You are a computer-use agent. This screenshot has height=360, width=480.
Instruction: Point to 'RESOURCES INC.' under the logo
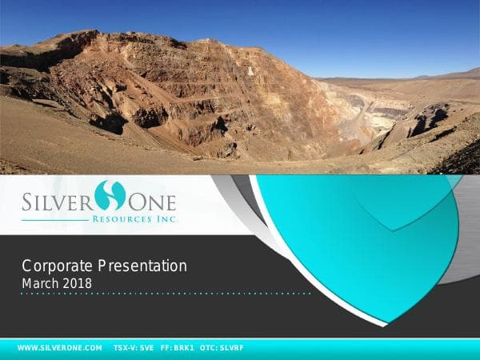click(x=135, y=218)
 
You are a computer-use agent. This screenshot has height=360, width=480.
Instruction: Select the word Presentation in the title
click(x=143, y=266)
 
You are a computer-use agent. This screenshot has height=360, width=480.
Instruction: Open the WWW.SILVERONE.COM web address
click(x=60, y=348)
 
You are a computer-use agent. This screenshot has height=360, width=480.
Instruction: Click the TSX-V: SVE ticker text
click(x=134, y=348)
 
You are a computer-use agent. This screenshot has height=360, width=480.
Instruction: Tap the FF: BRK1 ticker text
click(x=178, y=348)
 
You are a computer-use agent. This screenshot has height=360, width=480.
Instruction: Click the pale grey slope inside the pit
click(x=352, y=120)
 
